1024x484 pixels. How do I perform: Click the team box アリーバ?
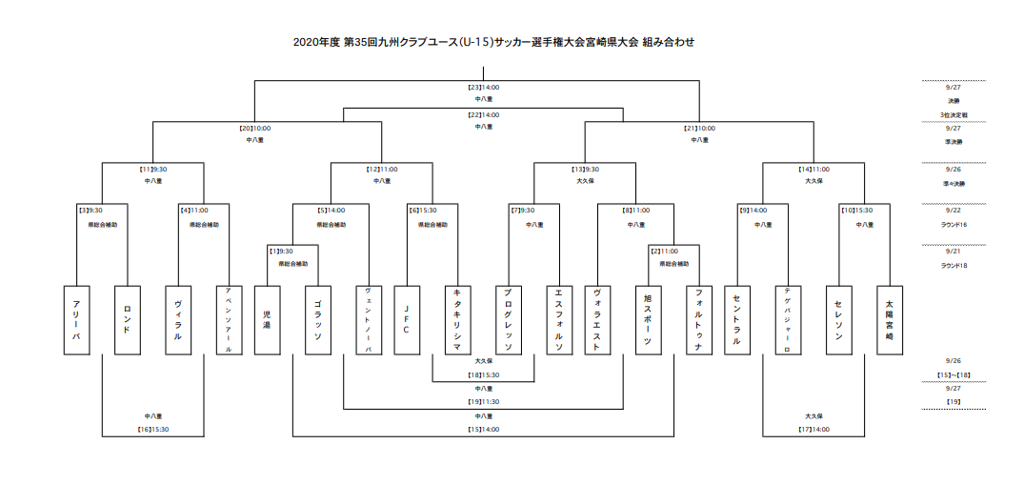(x=76, y=320)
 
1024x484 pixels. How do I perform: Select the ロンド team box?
(x=127, y=320)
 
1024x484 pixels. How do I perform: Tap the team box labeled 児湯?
(x=268, y=320)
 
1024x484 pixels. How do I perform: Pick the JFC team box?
(x=407, y=320)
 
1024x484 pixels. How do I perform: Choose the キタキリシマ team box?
(x=458, y=320)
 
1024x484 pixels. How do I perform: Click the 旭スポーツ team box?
(x=649, y=320)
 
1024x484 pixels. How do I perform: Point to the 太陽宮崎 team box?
(x=890, y=320)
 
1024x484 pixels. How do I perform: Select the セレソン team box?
(x=839, y=320)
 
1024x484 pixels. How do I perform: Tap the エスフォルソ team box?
(x=559, y=320)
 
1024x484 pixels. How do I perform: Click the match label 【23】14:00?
(x=484, y=88)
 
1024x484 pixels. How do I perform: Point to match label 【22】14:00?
(x=484, y=114)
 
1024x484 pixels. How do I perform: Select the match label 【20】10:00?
(x=254, y=128)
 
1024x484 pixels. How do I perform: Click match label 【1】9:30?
(x=280, y=251)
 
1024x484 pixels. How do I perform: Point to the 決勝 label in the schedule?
(x=953, y=101)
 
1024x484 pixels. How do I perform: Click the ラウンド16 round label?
(x=953, y=224)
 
